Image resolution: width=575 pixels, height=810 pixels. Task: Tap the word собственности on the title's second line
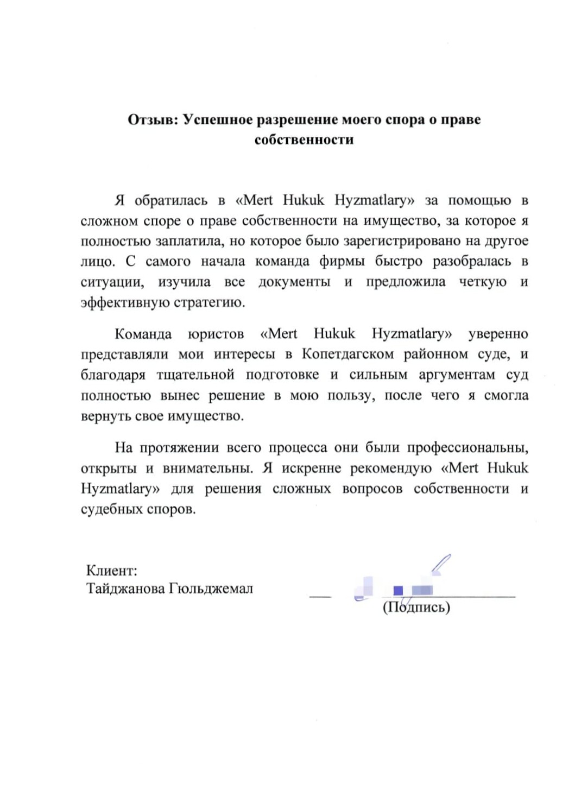tap(304, 140)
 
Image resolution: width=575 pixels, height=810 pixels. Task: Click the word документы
tap(294, 282)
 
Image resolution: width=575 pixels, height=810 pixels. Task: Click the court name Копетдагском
tap(347, 354)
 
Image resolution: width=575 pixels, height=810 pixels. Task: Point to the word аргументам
tap(457, 375)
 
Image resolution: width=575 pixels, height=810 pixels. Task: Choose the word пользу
tap(351, 395)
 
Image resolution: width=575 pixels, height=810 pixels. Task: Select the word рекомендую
tap(391, 468)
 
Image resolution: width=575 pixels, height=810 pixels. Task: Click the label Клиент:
tap(112, 571)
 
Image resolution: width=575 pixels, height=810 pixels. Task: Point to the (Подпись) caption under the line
tap(416, 607)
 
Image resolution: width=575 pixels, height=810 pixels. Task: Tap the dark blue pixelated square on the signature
tap(398, 590)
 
